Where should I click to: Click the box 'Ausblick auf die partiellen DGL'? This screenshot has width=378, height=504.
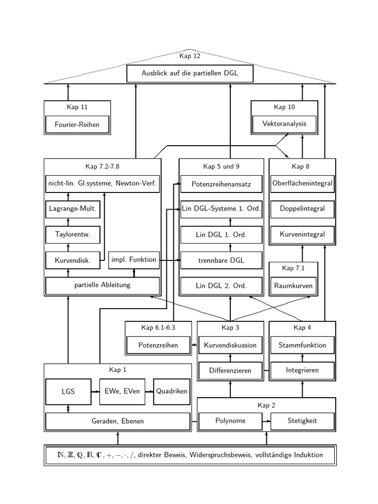coord(190,73)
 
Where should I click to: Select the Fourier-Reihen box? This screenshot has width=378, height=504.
coord(77,125)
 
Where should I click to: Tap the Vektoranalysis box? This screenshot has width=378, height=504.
coord(284,124)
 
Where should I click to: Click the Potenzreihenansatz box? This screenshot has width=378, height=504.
coord(221,184)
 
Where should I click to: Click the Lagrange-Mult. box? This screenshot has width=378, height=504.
coord(73,209)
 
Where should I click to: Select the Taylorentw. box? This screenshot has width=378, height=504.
coord(73,235)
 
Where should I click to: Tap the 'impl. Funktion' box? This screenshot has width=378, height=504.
coord(134,259)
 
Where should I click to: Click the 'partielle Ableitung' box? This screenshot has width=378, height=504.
coord(102,285)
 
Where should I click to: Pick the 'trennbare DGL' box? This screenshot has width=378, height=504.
coord(221,260)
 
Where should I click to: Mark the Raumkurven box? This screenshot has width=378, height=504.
coord(293,285)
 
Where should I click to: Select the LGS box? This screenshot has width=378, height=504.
coord(68,392)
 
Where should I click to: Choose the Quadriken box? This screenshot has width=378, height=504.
coord(172,392)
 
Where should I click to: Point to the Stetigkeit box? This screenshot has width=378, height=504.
coord(303,421)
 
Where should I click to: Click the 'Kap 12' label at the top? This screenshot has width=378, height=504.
coord(190,56)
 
